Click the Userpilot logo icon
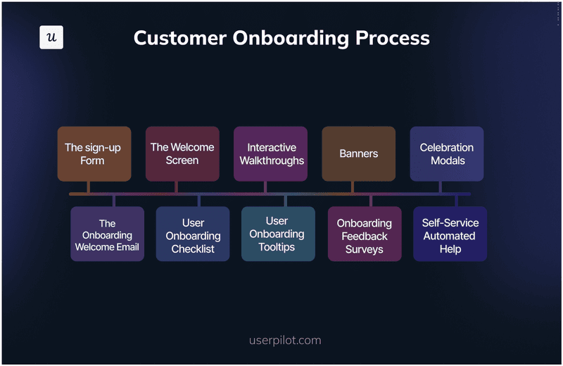pyautogui.click(x=51, y=37)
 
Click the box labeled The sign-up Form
pyautogui.click(x=94, y=154)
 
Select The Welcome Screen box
pyautogui.click(x=182, y=154)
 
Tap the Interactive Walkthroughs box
pyautogui.click(x=271, y=154)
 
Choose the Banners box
pyautogui.click(x=359, y=154)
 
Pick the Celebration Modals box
pyautogui.click(x=447, y=154)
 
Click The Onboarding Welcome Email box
pyautogui.click(x=107, y=234)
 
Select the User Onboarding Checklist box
pyautogui.click(x=193, y=234)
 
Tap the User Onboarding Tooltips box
pyautogui.click(x=277, y=234)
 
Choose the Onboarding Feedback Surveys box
pyautogui.click(x=365, y=234)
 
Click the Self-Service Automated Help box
pyautogui.click(x=450, y=234)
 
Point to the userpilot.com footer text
pyautogui.click(x=285, y=341)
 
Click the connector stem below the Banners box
pyautogui.click(x=353, y=187)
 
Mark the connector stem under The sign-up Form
pyautogui.click(x=88, y=187)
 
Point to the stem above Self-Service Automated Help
pyautogui.click(x=456, y=201)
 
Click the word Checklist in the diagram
pyautogui.click(x=193, y=249)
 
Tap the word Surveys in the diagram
pyautogui.click(x=365, y=249)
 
